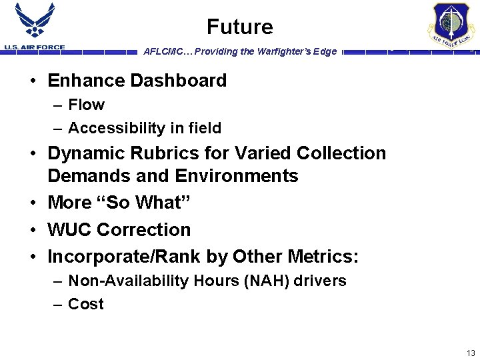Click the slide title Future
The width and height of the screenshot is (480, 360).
239,27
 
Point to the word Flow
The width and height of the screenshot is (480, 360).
86,105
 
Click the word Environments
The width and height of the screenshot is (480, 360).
237,176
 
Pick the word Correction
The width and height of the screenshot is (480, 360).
143,229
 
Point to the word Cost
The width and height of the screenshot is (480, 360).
86,304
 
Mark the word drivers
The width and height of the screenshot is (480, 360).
321,281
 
